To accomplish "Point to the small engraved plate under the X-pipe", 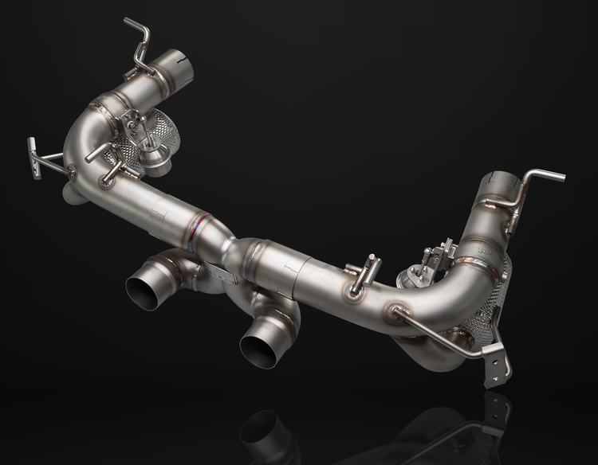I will coord(226,275).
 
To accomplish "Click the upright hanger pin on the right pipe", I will coord(369,268).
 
